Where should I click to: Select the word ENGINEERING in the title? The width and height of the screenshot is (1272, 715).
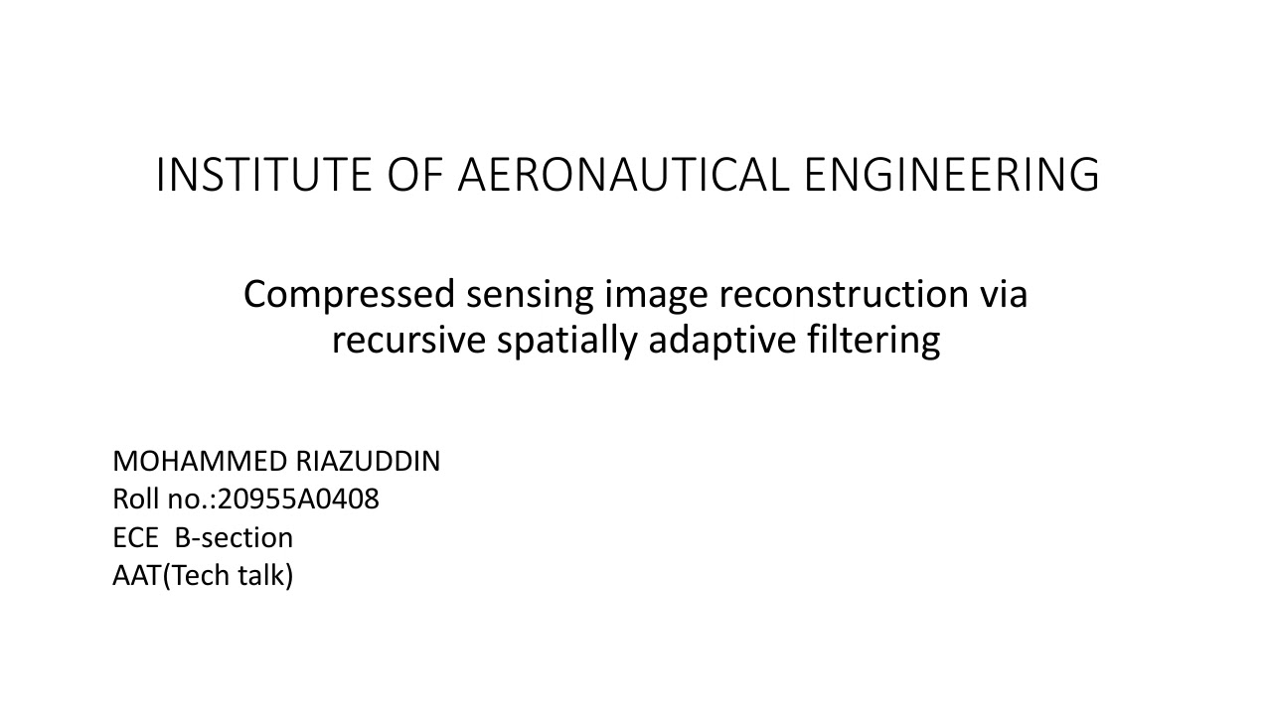coord(951,175)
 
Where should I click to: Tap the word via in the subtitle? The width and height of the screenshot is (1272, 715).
coord(1003,295)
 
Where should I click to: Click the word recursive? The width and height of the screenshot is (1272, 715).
coord(409,340)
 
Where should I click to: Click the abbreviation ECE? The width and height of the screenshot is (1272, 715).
coord(135,538)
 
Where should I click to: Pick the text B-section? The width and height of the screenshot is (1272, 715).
coord(234,538)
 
